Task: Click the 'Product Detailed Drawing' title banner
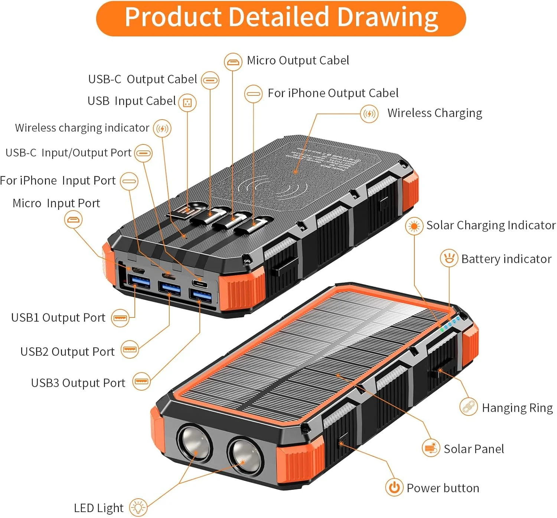[x=281, y=18]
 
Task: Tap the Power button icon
[x=394, y=487]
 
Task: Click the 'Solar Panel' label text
[x=474, y=449]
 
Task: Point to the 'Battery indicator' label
[x=506, y=259]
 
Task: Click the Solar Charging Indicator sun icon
[x=414, y=226]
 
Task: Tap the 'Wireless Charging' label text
[x=434, y=113]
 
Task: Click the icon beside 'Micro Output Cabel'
[x=233, y=62]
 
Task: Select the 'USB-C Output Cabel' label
[x=143, y=79]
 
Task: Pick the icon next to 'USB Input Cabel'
[x=187, y=102]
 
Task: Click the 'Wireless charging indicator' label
[x=82, y=128]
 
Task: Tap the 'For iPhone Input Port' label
[x=58, y=181]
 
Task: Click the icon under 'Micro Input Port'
[x=73, y=219]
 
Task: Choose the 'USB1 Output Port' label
[x=58, y=318]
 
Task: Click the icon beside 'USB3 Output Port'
[x=141, y=381]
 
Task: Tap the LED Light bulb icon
[x=138, y=507]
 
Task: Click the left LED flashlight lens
[x=194, y=443]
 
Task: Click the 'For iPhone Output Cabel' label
[x=333, y=93]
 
